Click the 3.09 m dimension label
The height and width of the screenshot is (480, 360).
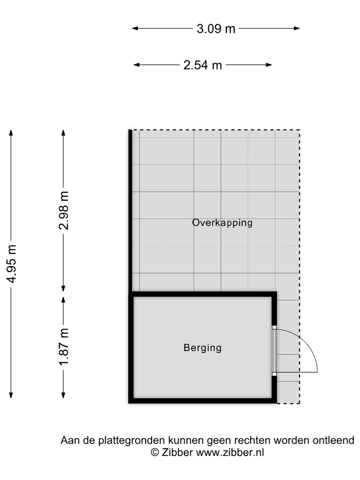[216, 29]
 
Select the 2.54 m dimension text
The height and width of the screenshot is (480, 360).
[203, 65]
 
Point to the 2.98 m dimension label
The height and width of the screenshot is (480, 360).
[64, 211]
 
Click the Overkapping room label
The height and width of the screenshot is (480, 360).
[222, 223]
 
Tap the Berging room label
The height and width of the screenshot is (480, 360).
[202, 348]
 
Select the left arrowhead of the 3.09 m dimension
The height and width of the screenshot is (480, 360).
[135, 28]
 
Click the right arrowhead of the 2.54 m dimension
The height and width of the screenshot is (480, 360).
[269, 65]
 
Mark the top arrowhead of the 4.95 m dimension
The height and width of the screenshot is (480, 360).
[11, 133]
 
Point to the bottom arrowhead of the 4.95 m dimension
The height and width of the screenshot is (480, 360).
[11, 395]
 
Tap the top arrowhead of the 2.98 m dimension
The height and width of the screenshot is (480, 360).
[63, 133]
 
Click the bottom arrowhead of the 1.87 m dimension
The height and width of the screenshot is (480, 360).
[63, 395]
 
